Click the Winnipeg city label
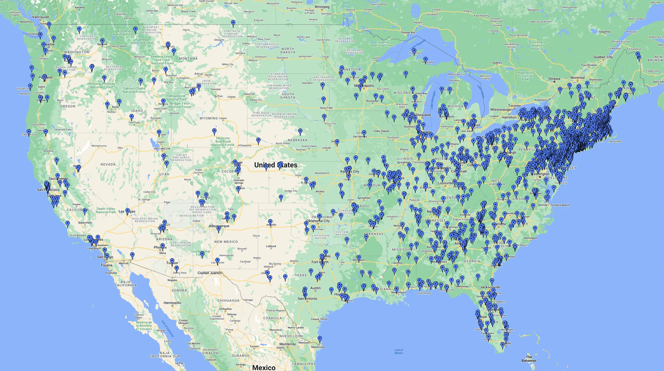pyautogui.click(x=322, y=7)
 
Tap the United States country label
pyautogui.click(x=276, y=165)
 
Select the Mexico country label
pyautogui.click(x=264, y=367)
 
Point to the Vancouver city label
pyautogui.click(x=41, y=17)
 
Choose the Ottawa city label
pyautogui.click(x=554, y=79)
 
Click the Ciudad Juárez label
pyautogui.click(x=209, y=273)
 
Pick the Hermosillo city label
pyautogui.click(x=172, y=303)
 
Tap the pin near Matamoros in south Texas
pyautogui.click(x=320, y=338)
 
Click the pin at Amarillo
pyautogui.click(x=270, y=222)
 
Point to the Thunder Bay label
pyautogui.click(x=407, y=33)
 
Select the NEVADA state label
pyautogui.click(x=108, y=164)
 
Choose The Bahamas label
pyautogui.click(x=529, y=359)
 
